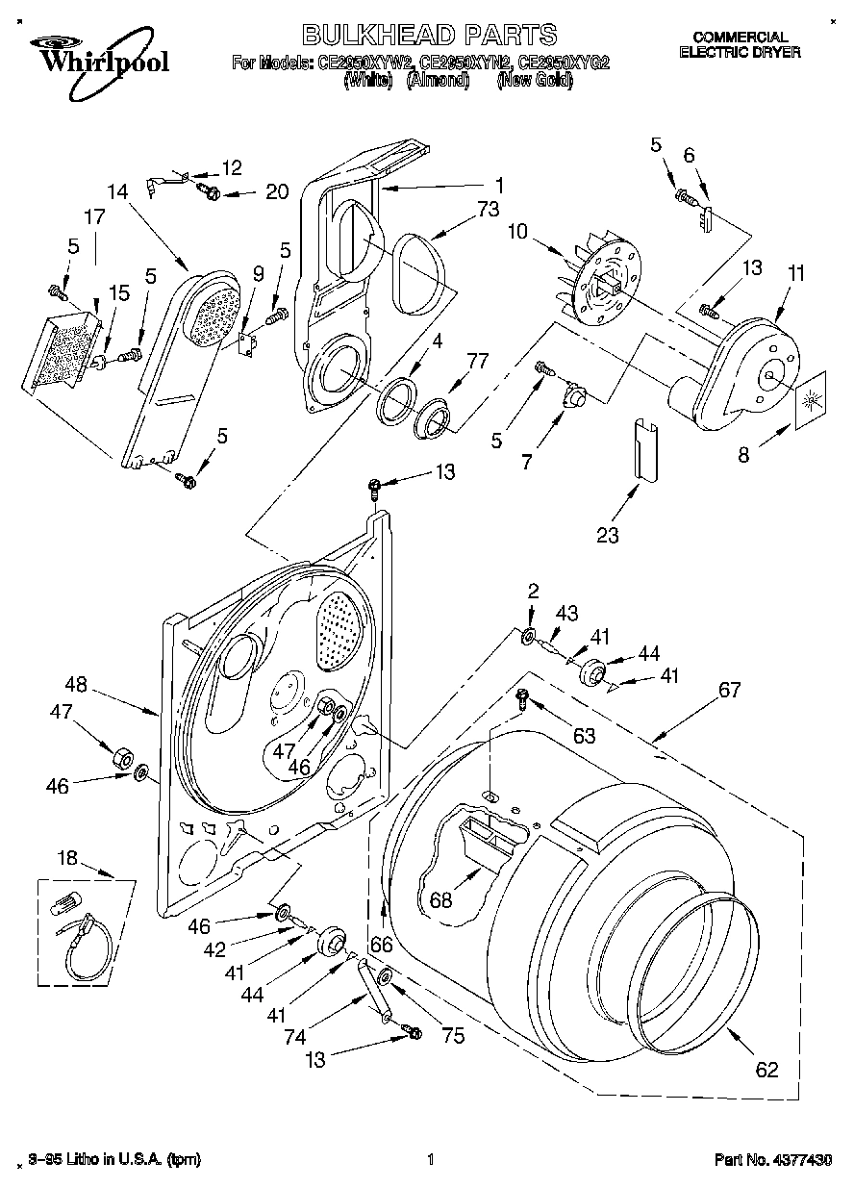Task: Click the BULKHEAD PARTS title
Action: point(429,36)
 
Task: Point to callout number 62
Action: point(766,1070)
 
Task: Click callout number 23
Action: point(607,536)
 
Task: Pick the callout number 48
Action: point(76,686)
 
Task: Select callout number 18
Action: point(65,857)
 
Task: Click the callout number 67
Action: point(729,690)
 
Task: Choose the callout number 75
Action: point(452,1035)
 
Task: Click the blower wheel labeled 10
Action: point(600,283)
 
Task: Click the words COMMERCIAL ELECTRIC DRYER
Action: point(740,45)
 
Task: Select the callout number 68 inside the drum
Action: point(440,900)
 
